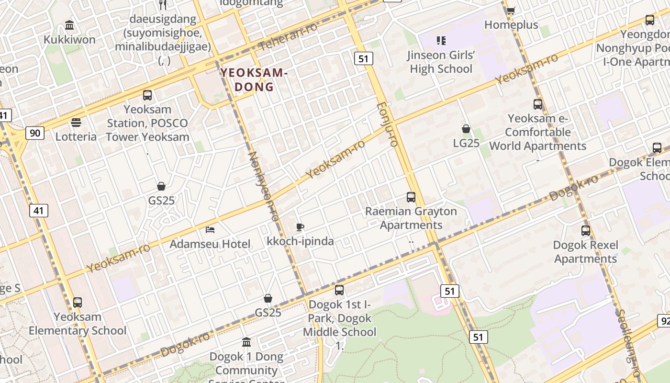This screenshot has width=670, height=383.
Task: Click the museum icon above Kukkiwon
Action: [69, 25]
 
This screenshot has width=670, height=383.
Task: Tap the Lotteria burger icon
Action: [76, 123]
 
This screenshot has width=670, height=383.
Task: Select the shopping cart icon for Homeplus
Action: [511, 10]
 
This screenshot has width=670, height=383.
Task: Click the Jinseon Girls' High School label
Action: [441, 62]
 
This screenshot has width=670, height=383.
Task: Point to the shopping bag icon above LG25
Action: [466, 129]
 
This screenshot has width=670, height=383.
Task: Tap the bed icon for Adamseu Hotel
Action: [210, 230]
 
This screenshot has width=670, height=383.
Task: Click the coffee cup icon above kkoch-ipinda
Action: [300, 227]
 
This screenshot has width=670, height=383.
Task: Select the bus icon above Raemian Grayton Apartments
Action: [411, 197]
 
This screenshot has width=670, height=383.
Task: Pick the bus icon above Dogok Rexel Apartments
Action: [585, 231]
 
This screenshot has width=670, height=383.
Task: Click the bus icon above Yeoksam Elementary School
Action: [77, 303]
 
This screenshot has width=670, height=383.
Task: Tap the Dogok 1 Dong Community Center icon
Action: [246, 342]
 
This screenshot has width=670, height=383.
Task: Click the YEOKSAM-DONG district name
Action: [254, 79]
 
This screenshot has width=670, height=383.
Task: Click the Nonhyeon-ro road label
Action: [264, 186]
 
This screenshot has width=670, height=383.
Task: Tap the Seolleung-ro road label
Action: [628, 342]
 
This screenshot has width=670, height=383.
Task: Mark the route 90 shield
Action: [35, 133]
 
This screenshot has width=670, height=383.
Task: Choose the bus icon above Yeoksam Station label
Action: [147, 95]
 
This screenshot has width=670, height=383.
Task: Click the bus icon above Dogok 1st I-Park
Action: [339, 290]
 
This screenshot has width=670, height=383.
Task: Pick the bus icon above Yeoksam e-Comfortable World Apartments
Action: [538, 104]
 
